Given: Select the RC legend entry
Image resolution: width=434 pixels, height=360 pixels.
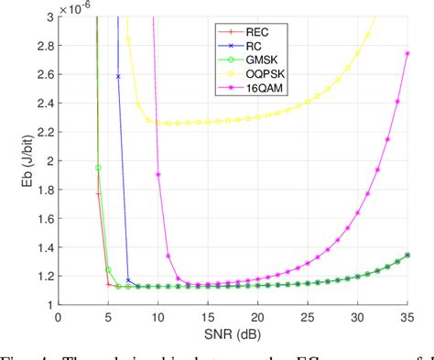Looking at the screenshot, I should pos(240,47).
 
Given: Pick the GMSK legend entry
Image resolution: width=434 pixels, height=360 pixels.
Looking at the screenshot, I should pos(246,60).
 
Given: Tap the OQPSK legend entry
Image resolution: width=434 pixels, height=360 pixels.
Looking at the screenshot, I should pos(249,74).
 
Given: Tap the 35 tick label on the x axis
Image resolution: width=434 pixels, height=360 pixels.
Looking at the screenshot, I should pos(407,315).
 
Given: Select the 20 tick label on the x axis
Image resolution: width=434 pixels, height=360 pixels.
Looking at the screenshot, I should pos(257,315).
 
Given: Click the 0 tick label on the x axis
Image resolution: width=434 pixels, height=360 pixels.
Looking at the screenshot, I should pos(58,315).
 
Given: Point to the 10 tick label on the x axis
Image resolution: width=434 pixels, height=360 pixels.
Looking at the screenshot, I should pos(157,315).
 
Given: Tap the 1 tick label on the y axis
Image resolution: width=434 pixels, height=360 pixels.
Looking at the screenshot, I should pos(48,304).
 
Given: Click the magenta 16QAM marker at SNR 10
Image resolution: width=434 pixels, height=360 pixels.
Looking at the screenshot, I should pos(157,174).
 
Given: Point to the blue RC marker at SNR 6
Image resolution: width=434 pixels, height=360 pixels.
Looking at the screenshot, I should pos(118,76).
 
